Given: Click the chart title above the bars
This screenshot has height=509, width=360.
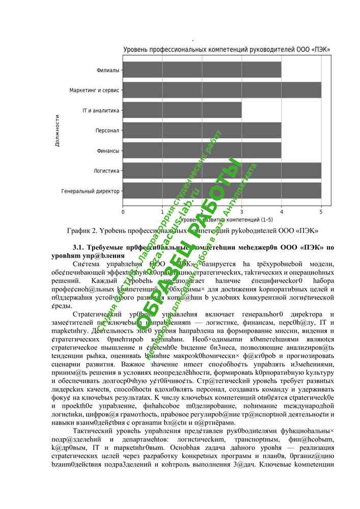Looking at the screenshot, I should (227, 49).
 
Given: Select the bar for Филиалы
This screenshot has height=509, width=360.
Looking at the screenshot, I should (202, 70).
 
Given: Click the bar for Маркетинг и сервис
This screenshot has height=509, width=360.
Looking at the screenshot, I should (221, 90).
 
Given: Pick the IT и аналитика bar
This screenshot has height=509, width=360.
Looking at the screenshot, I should (182, 110).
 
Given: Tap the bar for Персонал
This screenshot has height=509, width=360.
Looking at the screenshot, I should (202, 130).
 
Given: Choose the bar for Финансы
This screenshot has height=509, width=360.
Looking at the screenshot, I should (202, 151).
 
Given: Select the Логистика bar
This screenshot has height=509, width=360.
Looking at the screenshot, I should (221, 171).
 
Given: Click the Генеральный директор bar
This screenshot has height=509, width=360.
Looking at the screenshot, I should (221, 191).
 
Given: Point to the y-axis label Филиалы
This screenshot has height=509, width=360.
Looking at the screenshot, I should (107, 70).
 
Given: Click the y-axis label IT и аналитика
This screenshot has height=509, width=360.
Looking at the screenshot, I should (101, 110).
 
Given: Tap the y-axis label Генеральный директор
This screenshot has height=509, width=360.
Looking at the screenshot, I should (90, 191).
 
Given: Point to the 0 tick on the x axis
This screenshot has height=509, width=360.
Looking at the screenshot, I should (123, 211).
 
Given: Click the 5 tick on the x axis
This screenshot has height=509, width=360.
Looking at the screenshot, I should (321, 211).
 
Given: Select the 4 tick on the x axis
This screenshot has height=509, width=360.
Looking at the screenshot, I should (281, 211).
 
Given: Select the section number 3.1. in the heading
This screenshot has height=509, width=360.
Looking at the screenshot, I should (82, 247).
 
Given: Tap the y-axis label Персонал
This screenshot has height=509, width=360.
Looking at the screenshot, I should (107, 131).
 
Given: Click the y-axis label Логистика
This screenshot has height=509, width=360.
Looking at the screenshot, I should (106, 171).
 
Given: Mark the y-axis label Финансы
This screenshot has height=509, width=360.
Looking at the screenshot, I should (107, 151).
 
